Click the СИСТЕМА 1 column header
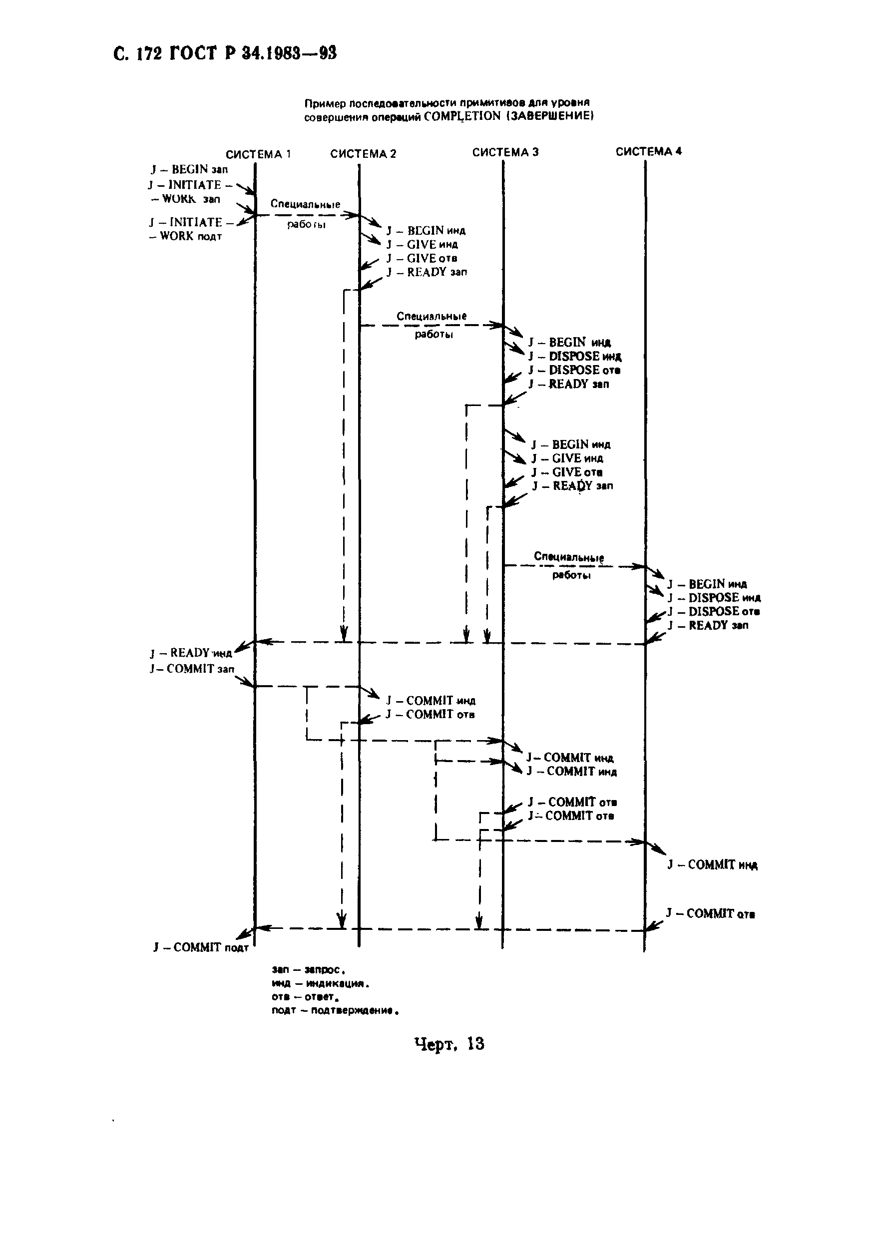[258, 154]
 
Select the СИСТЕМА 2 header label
[363, 154]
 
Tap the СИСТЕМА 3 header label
[505, 152]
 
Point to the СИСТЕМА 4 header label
[648, 152]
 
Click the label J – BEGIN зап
[189, 170]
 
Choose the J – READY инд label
[191, 653]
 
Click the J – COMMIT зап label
[192, 669]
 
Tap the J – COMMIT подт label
[200, 947]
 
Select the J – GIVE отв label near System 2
[422, 258]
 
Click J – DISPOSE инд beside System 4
[714, 598]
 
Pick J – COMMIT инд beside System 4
[712, 865]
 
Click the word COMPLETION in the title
[462, 117]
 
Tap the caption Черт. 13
[449, 1044]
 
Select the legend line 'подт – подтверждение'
[335, 1010]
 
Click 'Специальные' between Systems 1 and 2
[305, 204]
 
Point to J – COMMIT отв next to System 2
[430, 715]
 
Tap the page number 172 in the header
[149, 54]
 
